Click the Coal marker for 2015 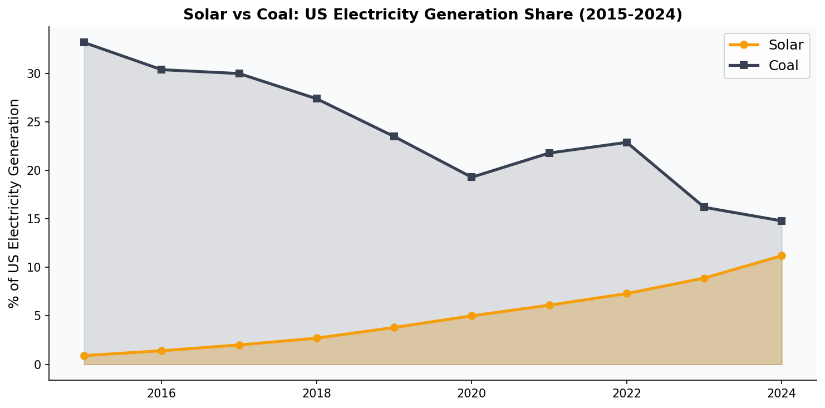pyautogui.click(x=84, y=42)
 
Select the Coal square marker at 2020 pyautogui.click(x=472, y=177)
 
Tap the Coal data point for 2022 pyautogui.click(x=627, y=142)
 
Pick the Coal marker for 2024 pyautogui.click(x=782, y=221)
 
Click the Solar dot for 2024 pyautogui.click(x=782, y=255)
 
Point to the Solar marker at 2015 pyautogui.click(x=84, y=356)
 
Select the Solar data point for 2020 pyautogui.click(x=472, y=316)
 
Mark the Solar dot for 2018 pyautogui.click(x=317, y=338)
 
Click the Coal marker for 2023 pyautogui.click(x=704, y=207)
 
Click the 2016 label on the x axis pyautogui.click(x=161, y=394)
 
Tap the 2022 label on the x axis pyautogui.click(x=627, y=394)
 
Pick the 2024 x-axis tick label pyautogui.click(x=782, y=394)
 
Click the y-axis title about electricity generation pyautogui.click(x=15, y=203)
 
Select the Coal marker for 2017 pyautogui.click(x=239, y=73)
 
